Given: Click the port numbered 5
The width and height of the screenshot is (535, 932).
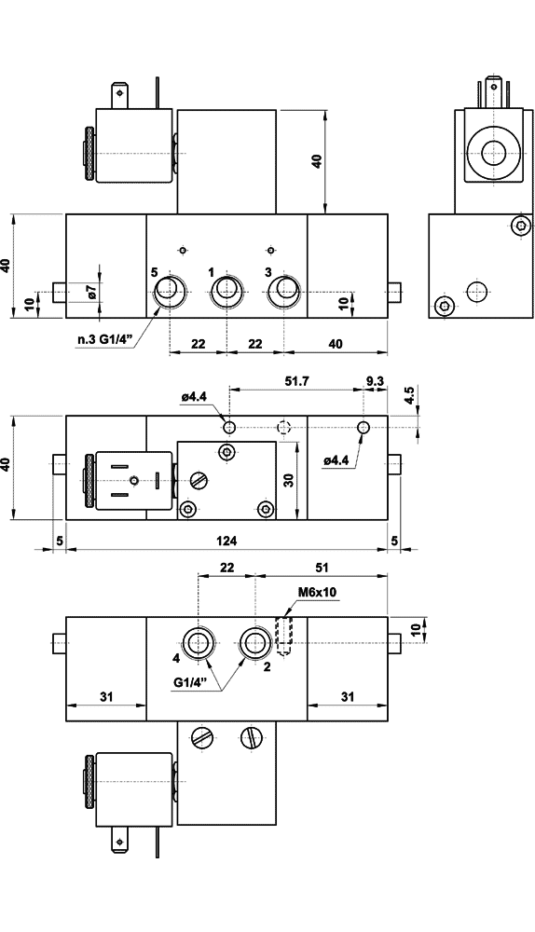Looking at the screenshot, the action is (170, 292).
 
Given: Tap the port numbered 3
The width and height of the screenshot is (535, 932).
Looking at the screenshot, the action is (284, 292).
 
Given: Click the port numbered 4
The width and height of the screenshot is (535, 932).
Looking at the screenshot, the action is (198, 642).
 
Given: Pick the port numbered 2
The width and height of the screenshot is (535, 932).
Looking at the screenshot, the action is (255, 642).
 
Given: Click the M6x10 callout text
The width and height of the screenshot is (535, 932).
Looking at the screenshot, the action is (317, 593).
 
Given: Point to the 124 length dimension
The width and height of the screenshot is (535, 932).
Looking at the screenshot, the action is (226, 541).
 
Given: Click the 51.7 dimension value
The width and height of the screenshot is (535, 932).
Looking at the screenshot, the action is (296, 381).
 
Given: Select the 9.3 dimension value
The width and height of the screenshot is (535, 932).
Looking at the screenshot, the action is (375, 381).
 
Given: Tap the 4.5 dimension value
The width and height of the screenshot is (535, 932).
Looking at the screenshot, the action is (408, 396).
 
